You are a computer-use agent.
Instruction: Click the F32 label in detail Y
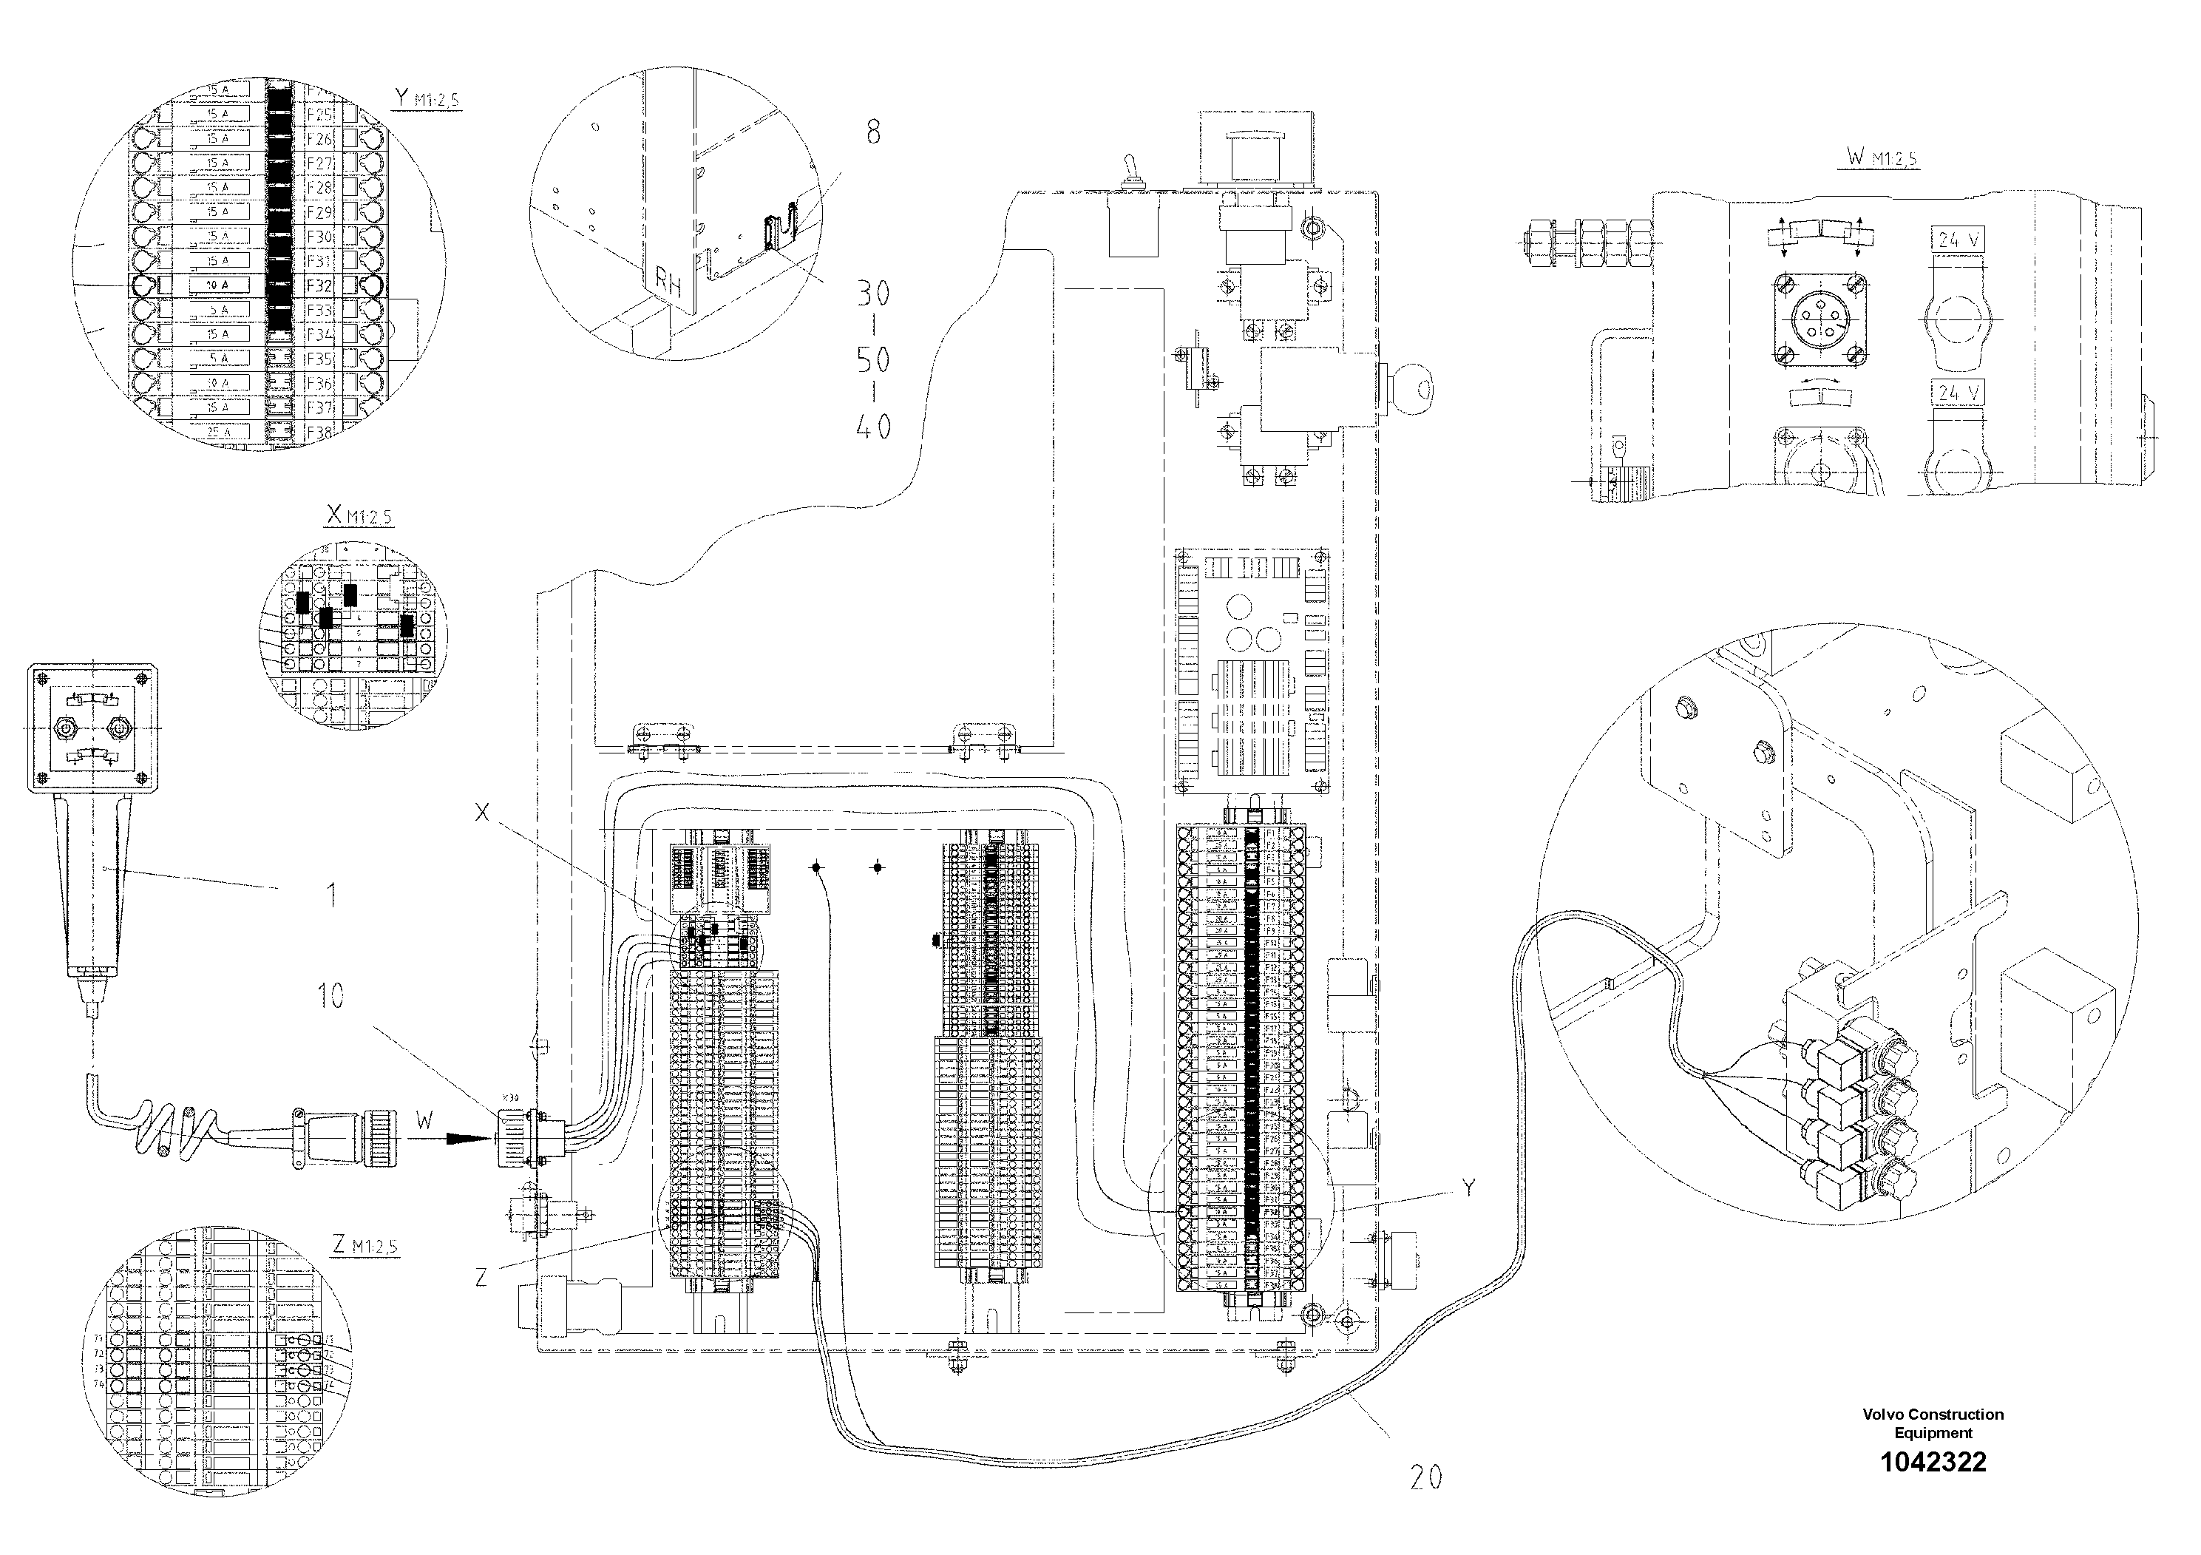click(319, 285)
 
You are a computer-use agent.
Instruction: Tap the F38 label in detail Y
click(319, 433)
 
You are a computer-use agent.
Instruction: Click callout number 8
click(872, 132)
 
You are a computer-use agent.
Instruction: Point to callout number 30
click(873, 294)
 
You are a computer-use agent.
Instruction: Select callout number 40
click(873, 426)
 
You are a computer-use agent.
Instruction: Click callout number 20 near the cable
click(1425, 1477)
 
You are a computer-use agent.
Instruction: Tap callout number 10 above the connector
click(330, 996)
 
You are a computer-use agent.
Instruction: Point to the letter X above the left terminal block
click(481, 813)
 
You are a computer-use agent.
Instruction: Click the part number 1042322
click(1933, 1462)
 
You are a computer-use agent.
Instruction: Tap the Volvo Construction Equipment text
click(1933, 1423)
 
